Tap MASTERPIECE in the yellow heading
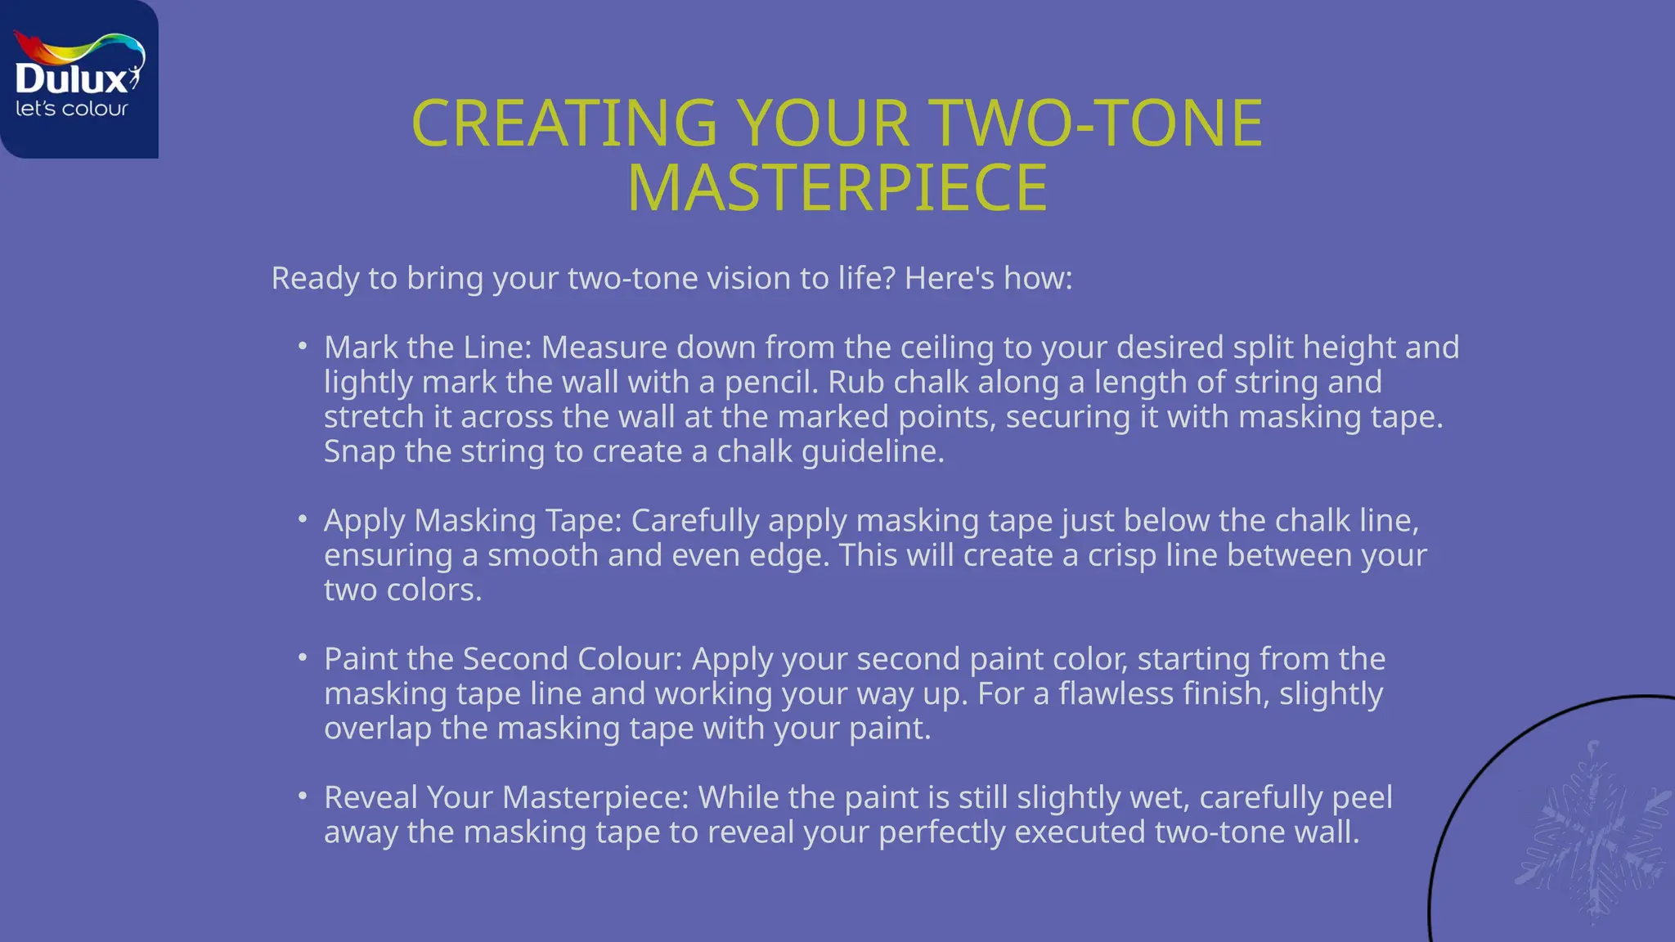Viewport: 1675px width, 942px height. coord(837,189)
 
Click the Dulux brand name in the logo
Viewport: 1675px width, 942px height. coord(72,79)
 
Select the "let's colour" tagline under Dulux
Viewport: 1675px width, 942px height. coord(72,109)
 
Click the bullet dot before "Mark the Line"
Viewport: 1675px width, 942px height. coord(303,347)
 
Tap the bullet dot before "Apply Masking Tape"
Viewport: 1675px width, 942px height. coord(303,520)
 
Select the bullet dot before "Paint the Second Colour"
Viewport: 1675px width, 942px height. coord(303,658)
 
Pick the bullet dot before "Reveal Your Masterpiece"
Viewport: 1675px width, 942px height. coord(303,796)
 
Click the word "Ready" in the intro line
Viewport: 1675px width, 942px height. coord(315,279)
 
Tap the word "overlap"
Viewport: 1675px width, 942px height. coord(377,729)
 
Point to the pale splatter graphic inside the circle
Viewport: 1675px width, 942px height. coord(1591,834)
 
